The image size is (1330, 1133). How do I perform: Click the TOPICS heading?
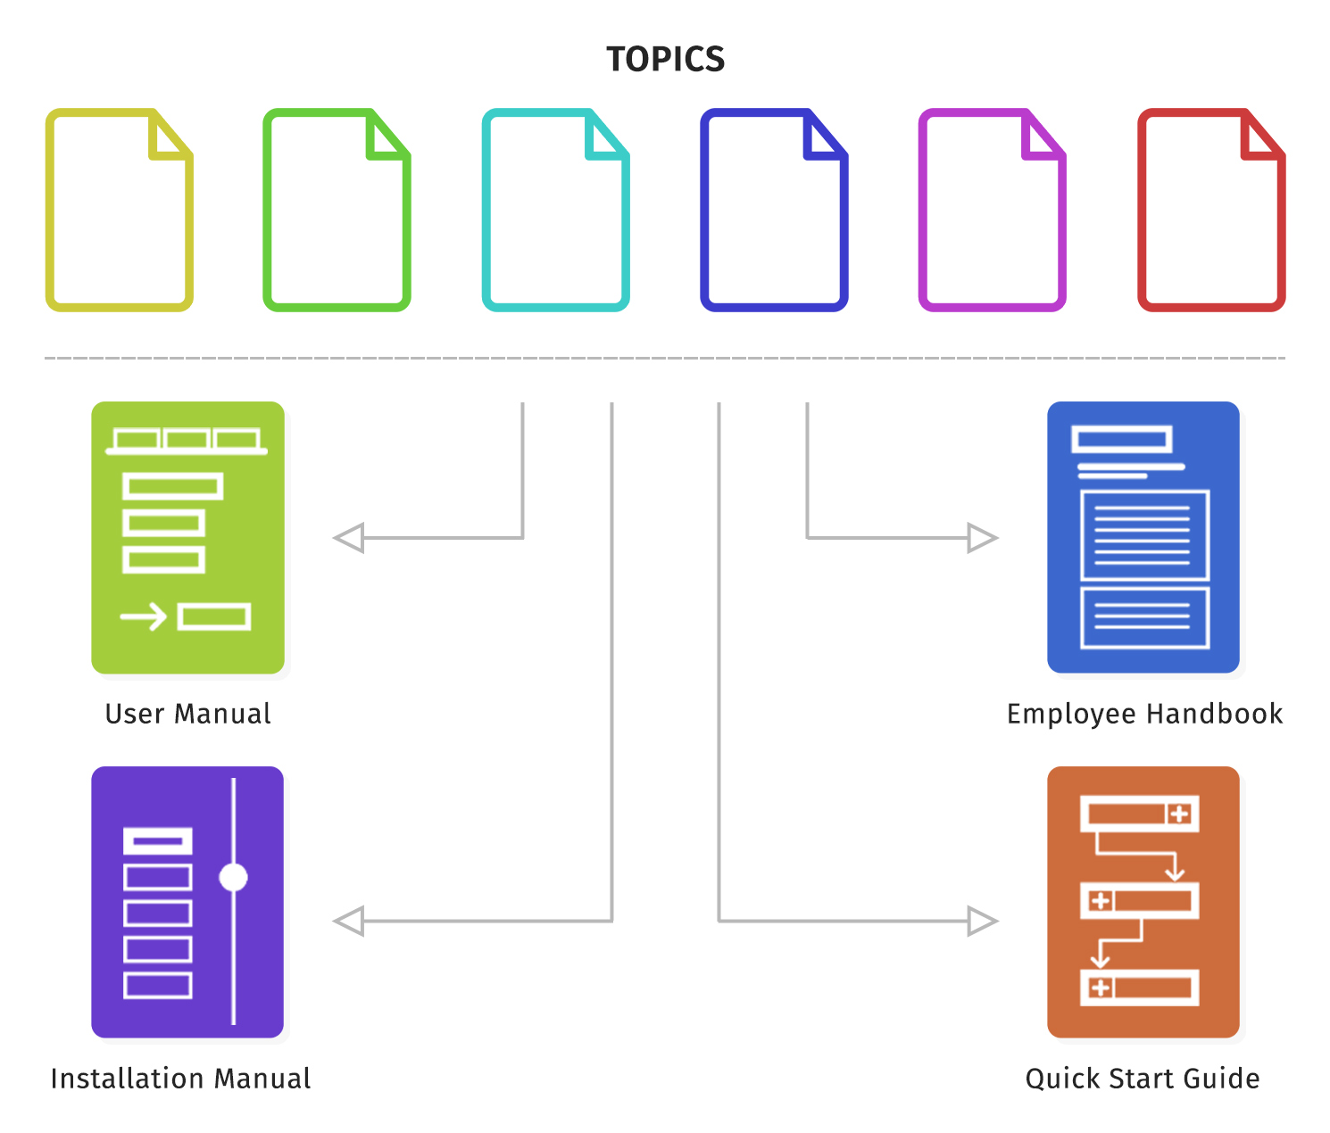(x=665, y=59)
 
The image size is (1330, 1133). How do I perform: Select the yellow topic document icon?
(x=120, y=211)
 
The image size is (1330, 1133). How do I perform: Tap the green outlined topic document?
(x=337, y=211)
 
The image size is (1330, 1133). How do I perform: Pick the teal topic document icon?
(x=555, y=211)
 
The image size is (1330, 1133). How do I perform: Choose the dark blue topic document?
(x=774, y=211)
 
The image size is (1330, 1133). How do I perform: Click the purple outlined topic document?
(x=992, y=211)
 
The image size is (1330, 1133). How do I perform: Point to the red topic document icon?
(x=1211, y=211)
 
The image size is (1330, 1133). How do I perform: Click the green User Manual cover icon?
(x=188, y=537)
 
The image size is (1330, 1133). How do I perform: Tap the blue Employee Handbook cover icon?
(x=1143, y=537)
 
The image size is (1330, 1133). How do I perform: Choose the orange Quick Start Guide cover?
(x=1143, y=902)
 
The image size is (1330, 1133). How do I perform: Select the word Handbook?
(x=1214, y=714)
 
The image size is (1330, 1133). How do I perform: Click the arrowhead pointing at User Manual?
(x=349, y=538)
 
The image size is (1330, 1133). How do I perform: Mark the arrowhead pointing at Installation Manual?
(x=349, y=921)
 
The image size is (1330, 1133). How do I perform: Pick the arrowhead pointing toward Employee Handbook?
(x=982, y=538)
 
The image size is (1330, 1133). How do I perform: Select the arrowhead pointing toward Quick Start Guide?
(x=982, y=921)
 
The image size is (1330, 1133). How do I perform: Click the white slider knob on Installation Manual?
(x=234, y=877)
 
